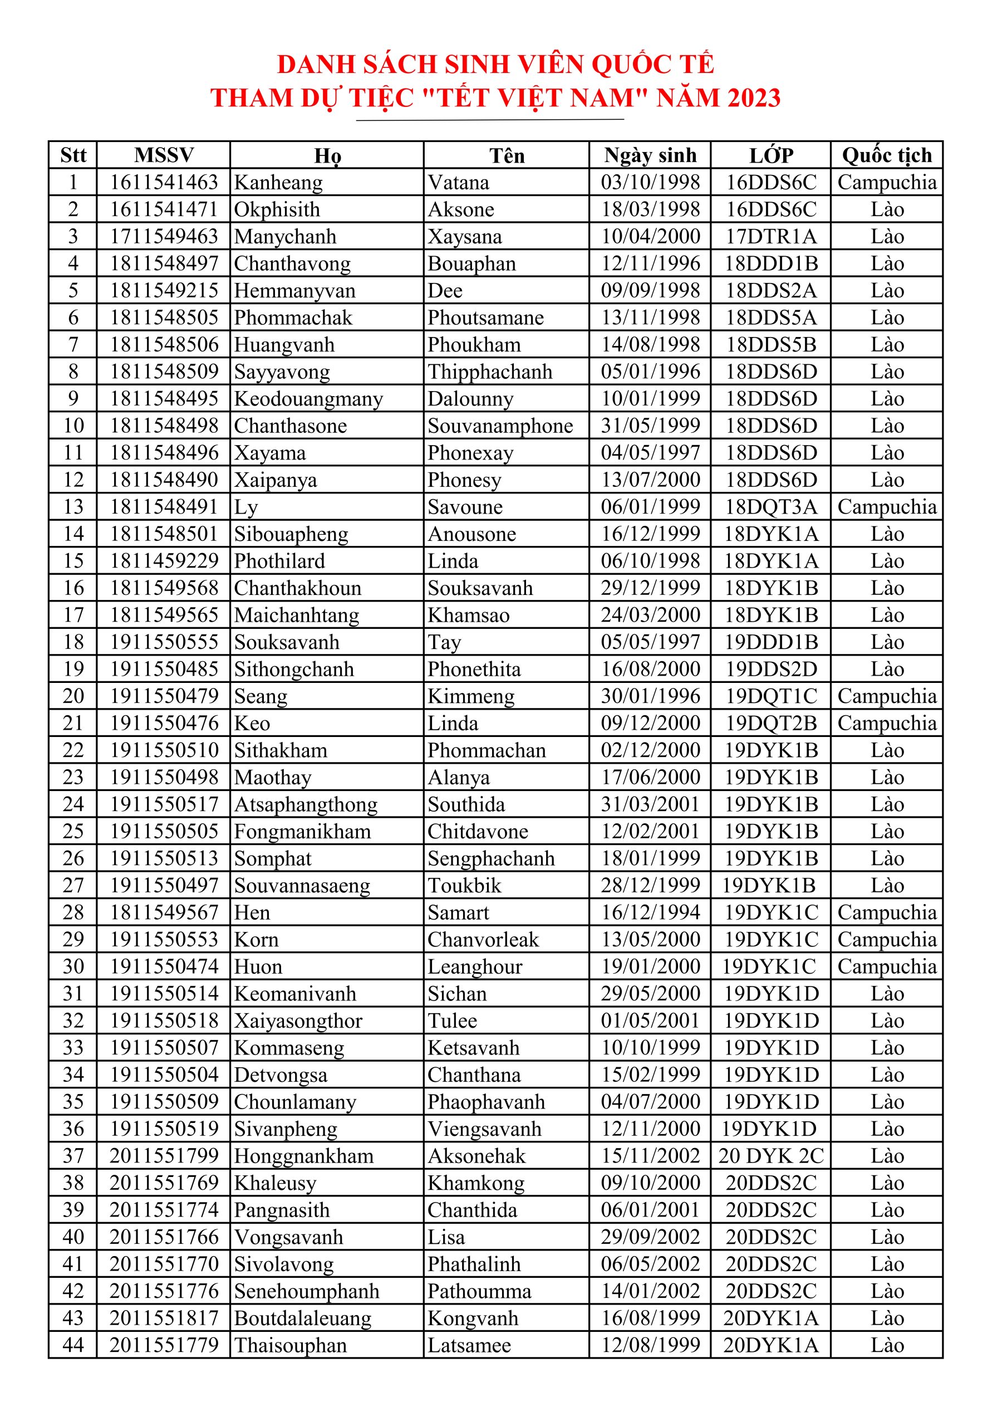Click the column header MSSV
tap(164, 155)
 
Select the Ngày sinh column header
tap(650, 155)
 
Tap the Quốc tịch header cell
tap(887, 155)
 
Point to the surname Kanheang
tap(278, 183)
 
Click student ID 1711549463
tap(164, 237)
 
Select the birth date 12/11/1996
tap(650, 263)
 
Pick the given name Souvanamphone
tap(500, 426)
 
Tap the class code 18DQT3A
tap(771, 507)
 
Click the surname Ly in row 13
tap(246, 507)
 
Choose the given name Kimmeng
tap(470, 696)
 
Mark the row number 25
tap(73, 831)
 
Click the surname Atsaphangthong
tap(306, 804)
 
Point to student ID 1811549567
tap(164, 912)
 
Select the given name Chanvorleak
tap(483, 940)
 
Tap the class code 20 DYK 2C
tap(771, 1156)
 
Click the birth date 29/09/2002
tap(650, 1237)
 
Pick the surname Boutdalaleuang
tap(302, 1318)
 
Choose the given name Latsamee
tap(469, 1345)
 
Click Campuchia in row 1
tap(887, 183)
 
